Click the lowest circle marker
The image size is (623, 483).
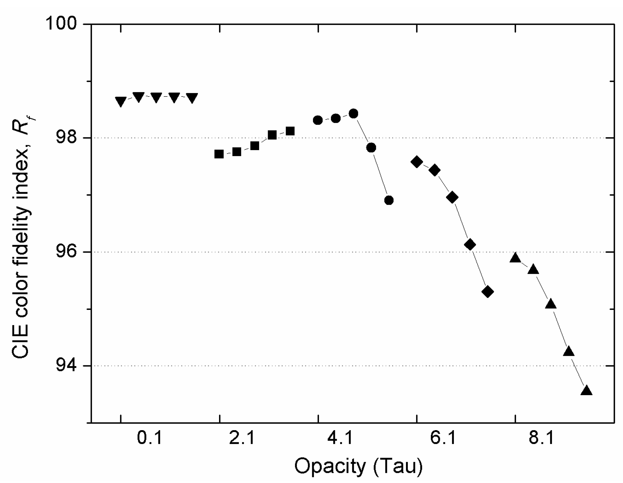pos(389,200)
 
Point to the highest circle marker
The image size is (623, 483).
pos(353,113)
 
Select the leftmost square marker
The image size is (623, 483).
pos(219,154)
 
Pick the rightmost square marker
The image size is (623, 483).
pos(290,131)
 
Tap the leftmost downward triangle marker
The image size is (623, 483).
pos(121,101)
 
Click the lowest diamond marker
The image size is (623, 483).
pos(488,292)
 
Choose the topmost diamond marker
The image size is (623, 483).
pos(416,162)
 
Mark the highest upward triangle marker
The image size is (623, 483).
pos(515,258)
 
